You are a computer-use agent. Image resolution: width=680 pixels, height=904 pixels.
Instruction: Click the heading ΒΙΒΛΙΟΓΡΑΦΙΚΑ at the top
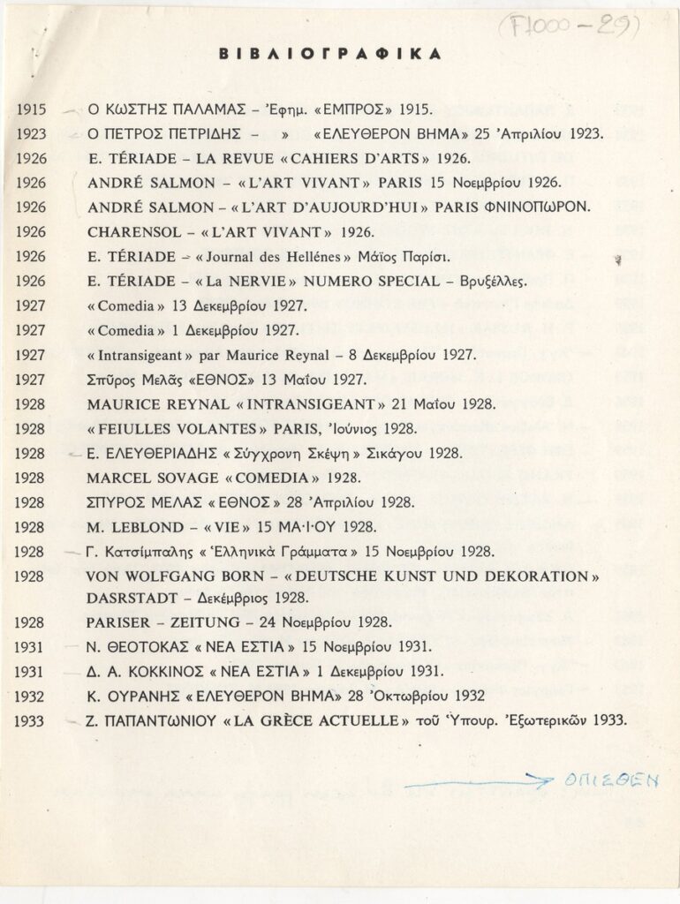pyautogui.click(x=329, y=55)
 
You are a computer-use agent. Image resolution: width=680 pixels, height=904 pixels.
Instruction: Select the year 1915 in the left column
pyautogui.click(x=31, y=110)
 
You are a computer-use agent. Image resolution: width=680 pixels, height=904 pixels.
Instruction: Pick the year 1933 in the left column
pyautogui.click(x=31, y=719)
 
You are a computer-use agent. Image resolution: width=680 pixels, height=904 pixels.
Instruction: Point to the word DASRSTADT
pyautogui.click(x=132, y=596)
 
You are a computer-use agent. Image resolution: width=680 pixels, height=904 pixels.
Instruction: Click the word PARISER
pyautogui.click(x=123, y=621)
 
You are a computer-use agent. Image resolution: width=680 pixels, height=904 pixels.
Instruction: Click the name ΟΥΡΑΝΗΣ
pyautogui.click(x=147, y=695)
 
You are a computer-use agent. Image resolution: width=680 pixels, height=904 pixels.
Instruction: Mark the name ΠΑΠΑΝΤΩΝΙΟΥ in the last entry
pyautogui.click(x=165, y=719)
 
